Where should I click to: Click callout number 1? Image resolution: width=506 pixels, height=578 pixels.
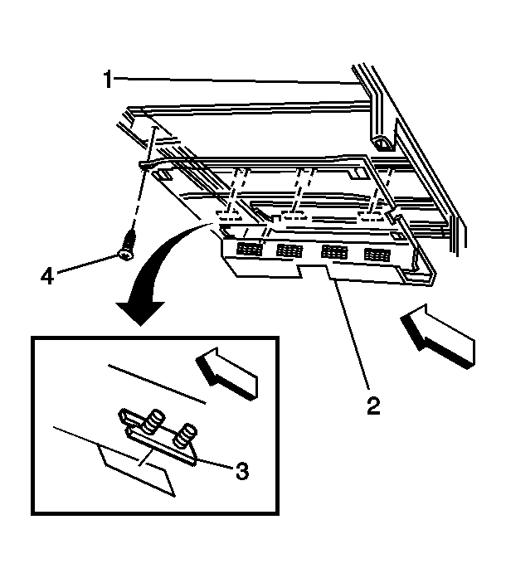click(107, 80)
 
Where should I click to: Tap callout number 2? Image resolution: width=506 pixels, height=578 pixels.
click(372, 406)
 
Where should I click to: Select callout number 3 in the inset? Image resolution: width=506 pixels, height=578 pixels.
click(242, 471)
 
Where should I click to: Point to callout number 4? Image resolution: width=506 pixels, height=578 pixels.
click(47, 275)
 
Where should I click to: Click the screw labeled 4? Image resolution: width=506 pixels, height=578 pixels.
click(127, 245)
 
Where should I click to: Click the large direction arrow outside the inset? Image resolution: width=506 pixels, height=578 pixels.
click(437, 336)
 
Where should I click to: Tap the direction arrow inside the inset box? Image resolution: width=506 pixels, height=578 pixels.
click(226, 373)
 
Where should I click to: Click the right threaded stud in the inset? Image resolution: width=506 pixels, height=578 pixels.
click(186, 435)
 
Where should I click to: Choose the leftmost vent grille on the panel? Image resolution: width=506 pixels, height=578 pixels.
click(250, 250)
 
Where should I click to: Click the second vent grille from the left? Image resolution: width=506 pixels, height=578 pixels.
click(290, 250)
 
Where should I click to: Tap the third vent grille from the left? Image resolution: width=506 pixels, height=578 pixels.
click(334, 252)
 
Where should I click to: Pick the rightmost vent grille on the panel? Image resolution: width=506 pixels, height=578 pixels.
click(377, 255)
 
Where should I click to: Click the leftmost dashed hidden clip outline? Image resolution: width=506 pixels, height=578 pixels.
click(229, 216)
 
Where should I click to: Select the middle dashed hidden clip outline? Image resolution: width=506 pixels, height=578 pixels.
click(294, 215)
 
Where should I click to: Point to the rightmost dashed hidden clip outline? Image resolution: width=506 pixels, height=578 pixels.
click(372, 218)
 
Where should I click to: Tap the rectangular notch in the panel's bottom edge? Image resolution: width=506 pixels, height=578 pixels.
click(314, 271)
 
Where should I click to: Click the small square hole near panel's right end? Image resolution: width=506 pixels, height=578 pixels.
click(397, 236)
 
